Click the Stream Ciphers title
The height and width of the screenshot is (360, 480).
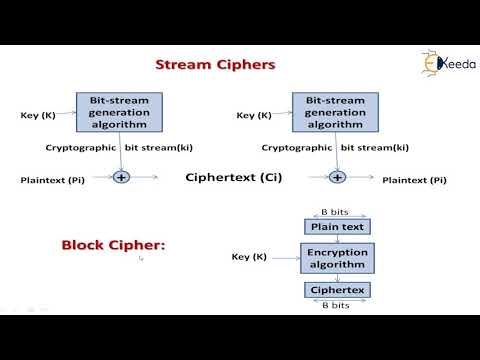tap(215, 66)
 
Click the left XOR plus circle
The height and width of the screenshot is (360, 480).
tap(122, 177)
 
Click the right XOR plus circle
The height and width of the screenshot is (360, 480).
tap(338, 177)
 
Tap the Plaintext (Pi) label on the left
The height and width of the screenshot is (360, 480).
tap(53, 180)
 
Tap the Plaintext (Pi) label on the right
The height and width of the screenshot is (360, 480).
tap(412, 180)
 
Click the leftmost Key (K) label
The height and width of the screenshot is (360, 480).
tap(38, 116)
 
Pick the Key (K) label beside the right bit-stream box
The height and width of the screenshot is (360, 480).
tap(254, 116)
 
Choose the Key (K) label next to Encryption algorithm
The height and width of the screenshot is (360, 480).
tap(249, 258)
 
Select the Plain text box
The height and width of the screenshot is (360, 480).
tap(337, 227)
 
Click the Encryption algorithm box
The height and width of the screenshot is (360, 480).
tap(337, 259)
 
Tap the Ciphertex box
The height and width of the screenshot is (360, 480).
tap(337, 291)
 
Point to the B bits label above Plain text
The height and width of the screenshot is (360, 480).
tap(337, 212)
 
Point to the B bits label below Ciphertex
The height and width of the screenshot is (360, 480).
tap(337, 306)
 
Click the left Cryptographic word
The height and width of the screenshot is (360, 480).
tap(82, 148)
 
